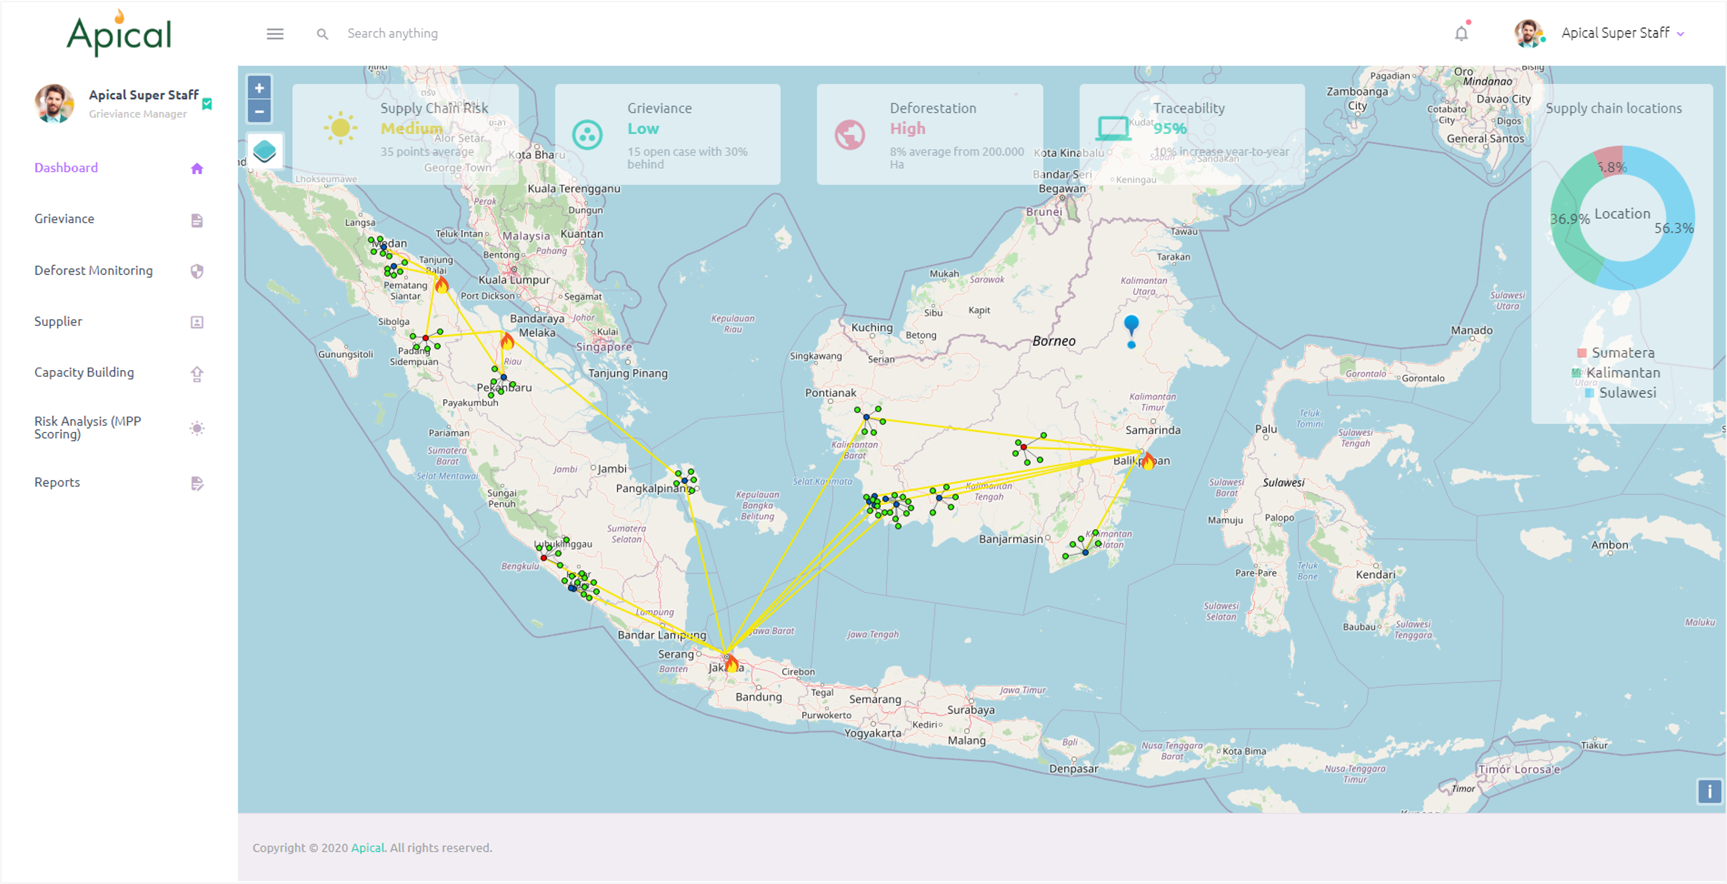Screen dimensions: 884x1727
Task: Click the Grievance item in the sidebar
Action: (x=65, y=219)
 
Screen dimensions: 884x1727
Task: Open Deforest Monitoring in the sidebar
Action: (x=93, y=271)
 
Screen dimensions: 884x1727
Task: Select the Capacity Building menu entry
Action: (x=84, y=372)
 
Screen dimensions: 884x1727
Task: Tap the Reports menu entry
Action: (x=57, y=483)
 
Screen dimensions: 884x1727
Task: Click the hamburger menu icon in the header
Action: (x=275, y=33)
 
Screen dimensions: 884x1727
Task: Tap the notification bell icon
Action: (x=1461, y=33)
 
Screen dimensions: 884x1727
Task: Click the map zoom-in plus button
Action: (x=259, y=88)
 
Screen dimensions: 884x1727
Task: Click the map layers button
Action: (x=264, y=151)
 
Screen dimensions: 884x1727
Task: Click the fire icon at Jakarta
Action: (x=731, y=664)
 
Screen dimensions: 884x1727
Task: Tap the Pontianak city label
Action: (x=830, y=393)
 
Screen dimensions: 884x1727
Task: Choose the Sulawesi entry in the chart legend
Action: (x=1627, y=393)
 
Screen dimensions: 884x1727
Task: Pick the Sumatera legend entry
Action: (x=1622, y=353)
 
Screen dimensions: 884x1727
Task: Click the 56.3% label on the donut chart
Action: (x=1673, y=228)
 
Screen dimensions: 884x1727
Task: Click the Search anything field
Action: (x=392, y=33)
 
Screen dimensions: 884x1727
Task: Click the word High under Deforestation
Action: (x=907, y=128)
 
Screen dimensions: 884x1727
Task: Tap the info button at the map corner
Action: (x=1709, y=792)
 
